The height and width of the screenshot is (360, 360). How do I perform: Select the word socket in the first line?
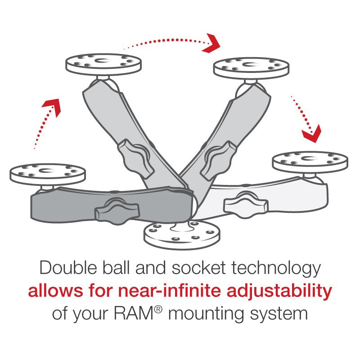click(x=203, y=269)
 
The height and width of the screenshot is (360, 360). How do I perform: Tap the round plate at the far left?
click(x=47, y=173)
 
